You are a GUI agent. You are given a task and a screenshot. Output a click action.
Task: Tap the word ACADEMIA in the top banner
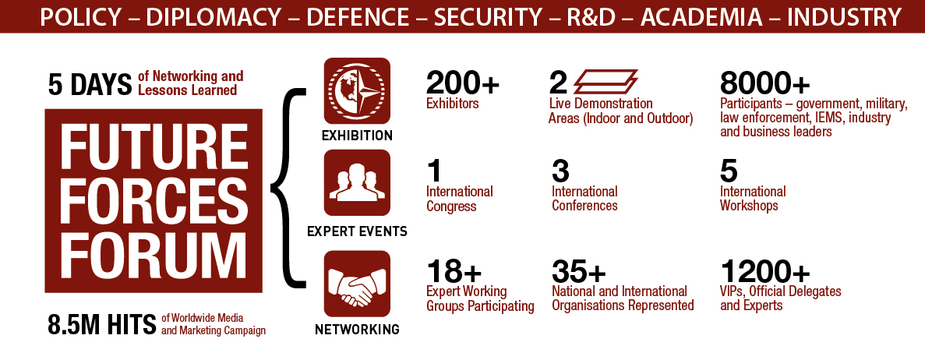coord(701,17)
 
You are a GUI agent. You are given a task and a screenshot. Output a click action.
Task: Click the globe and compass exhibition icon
coord(357,90)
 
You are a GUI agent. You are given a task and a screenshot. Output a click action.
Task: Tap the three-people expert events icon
coord(357,182)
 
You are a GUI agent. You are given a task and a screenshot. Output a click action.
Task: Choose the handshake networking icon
coord(357,284)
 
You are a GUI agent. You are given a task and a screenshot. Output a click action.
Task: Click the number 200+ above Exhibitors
coord(463,83)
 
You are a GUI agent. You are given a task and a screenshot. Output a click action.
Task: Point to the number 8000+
coord(765,83)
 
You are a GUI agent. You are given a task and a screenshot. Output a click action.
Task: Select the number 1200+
coord(765,272)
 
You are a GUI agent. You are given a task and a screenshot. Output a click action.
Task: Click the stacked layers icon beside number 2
coord(605,82)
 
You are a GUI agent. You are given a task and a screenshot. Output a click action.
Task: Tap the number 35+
coord(579,272)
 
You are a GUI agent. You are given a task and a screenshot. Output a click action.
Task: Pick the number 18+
coord(454,272)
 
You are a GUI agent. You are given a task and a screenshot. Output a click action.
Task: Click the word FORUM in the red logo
coord(154,252)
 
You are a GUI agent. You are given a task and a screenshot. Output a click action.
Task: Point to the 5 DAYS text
coord(90,85)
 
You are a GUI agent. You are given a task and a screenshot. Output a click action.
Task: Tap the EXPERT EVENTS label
coord(357,231)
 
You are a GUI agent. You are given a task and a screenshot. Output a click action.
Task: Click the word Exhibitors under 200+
coord(452,104)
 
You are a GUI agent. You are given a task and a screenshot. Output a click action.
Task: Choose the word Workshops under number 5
coord(749,206)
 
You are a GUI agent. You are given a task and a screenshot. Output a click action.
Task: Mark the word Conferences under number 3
coord(584,206)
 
